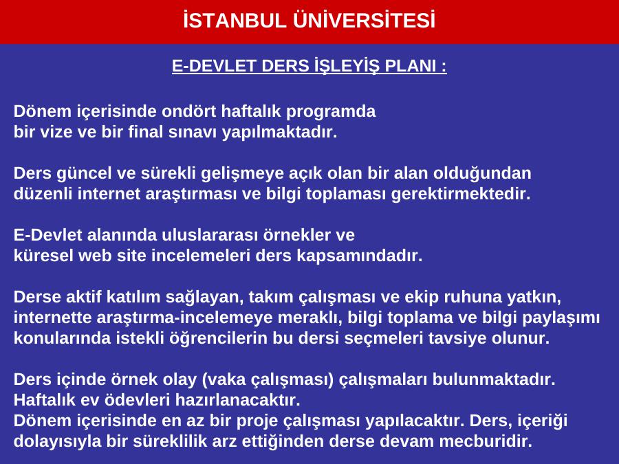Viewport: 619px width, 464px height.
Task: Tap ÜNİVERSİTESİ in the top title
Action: (364, 20)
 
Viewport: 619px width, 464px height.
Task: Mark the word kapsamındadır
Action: (359, 256)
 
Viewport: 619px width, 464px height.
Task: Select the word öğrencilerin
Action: (218, 338)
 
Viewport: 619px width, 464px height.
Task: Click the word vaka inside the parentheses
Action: (224, 379)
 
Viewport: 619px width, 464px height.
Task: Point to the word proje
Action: (257, 421)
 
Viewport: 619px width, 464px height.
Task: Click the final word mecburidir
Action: (486, 441)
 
